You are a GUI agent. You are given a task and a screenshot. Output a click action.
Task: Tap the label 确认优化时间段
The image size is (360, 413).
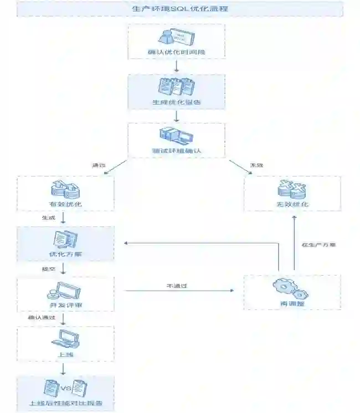pos(176,53)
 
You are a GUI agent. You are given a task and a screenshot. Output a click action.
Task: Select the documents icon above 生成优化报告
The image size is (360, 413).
pos(176,87)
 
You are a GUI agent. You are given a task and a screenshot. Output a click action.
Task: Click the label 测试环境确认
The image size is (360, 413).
pos(176,151)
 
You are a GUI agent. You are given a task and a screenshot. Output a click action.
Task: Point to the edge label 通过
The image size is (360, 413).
pos(98,166)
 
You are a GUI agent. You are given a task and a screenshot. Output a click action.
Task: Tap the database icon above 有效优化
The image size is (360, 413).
pos(65,189)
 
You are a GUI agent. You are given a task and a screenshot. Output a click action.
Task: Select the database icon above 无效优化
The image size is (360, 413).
pos(292,189)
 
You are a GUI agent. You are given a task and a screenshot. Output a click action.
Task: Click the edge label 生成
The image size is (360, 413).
pos(48,218)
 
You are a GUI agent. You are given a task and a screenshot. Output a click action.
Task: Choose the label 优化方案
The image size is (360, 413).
pos(65,255)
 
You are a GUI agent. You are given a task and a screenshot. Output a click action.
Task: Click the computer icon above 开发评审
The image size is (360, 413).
pos(65,291)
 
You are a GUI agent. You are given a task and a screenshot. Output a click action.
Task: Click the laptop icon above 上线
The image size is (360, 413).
pos(65,338)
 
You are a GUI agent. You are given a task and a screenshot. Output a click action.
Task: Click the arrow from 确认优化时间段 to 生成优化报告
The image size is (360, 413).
pos(176,66)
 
